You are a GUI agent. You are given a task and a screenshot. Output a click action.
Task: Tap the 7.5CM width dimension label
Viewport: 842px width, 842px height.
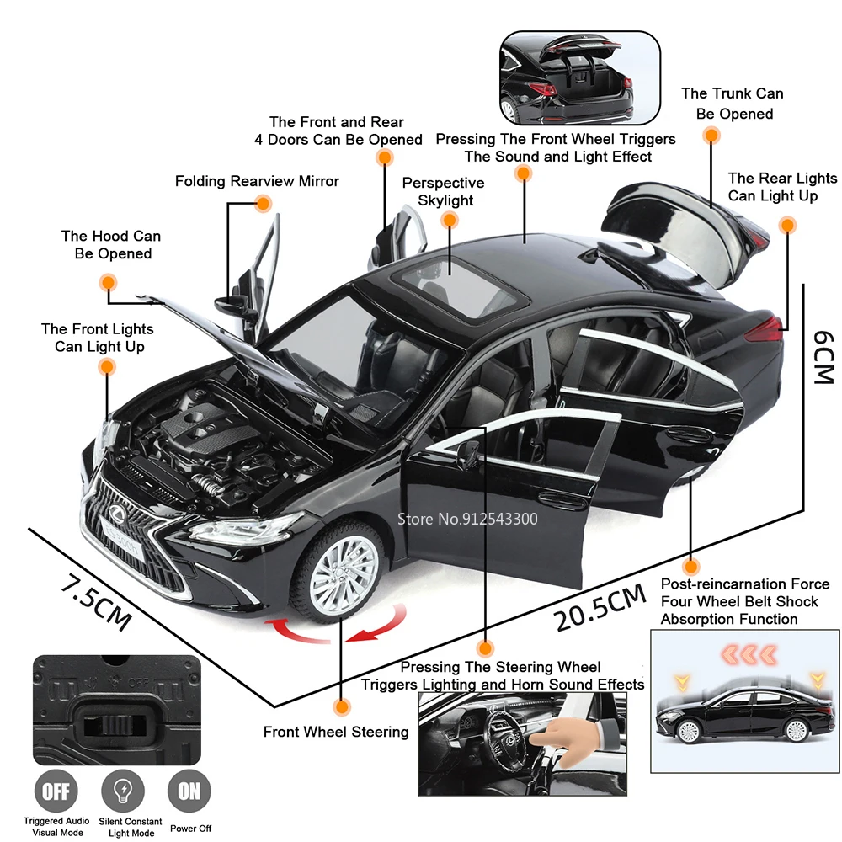tap(95, 599)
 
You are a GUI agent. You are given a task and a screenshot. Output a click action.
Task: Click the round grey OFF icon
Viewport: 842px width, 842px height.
tap(56, 791)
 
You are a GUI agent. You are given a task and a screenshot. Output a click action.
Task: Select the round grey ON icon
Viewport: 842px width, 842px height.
tap(189, 791)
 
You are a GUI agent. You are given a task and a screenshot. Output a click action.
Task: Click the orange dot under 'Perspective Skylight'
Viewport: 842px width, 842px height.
tap(450, 220)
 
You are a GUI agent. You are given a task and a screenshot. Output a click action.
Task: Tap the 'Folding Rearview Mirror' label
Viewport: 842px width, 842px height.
tap(257, 181)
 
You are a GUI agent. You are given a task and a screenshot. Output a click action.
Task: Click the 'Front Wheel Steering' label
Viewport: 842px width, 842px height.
tap(335, 732)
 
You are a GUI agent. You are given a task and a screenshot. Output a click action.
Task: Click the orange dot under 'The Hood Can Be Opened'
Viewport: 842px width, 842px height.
tap(108, 282)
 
